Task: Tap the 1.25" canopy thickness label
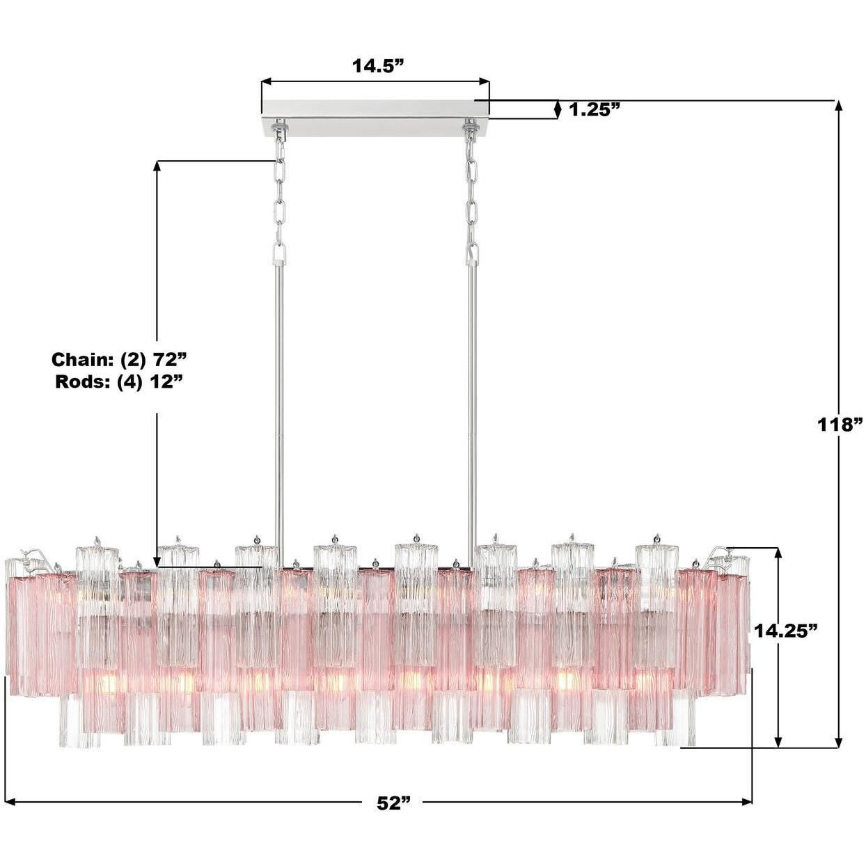(x=595, y=109)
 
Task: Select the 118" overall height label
(x=840, y=424)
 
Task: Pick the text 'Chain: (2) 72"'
(x=120, y=360)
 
